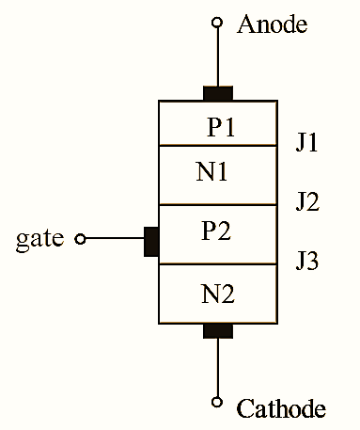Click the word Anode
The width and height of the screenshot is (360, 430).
point(272,24)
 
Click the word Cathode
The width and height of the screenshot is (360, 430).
point(281,408)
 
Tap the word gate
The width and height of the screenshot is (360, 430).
point(40,239)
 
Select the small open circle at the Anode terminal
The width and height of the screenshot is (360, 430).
point(218,23)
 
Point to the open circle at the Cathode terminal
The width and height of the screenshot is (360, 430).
point(218,403)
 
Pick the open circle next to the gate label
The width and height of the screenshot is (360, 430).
point(80,240)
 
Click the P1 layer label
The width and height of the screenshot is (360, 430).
point(221,128)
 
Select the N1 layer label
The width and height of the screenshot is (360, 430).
point(212,173)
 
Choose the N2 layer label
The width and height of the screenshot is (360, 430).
point(218,294)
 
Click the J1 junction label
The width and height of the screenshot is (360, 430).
point(306,144)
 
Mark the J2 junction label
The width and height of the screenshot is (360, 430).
point(306,201)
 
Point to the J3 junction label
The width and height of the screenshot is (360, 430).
point(306,260)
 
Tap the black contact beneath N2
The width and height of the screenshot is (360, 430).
point(218,329)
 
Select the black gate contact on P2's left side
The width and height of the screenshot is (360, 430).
point(150,241)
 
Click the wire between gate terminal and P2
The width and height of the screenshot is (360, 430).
point(114,240)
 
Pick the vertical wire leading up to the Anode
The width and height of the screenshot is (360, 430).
point(218,56)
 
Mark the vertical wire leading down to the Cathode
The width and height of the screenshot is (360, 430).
point(218,367)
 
